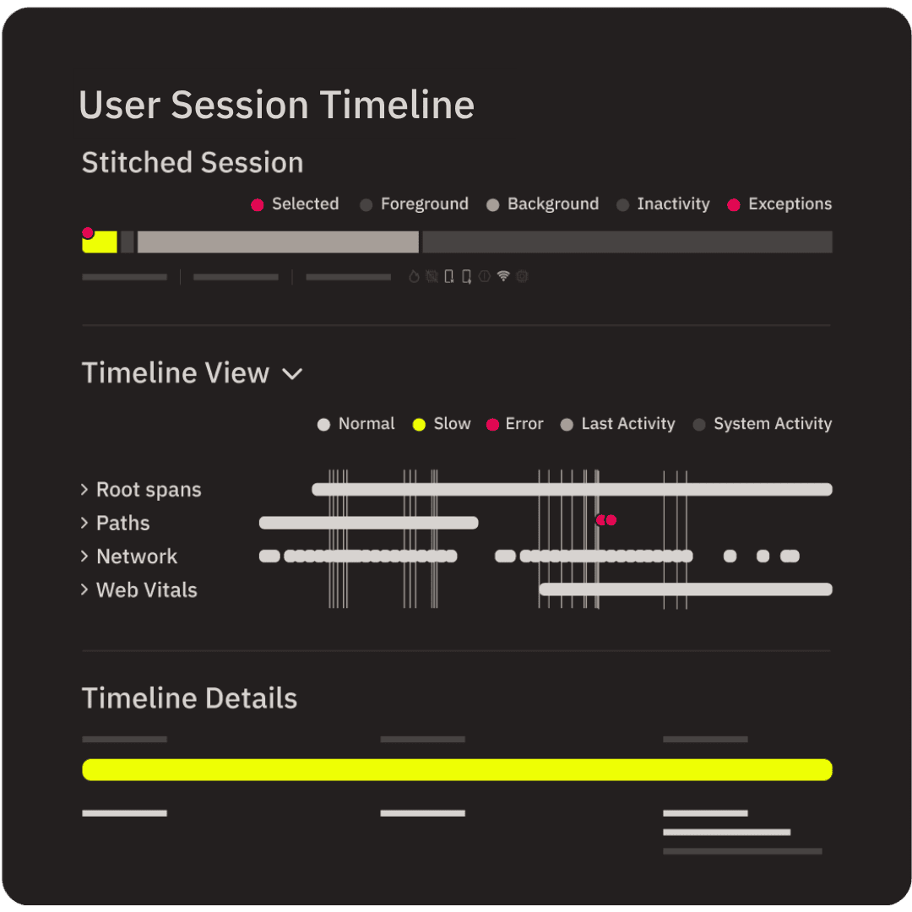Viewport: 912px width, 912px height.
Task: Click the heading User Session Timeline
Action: (x=276, y=106)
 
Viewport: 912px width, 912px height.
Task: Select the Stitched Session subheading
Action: (x=193, y=162)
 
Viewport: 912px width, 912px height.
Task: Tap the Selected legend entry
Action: (x=295, y=204)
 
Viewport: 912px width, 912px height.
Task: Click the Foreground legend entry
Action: (x=414, y=204)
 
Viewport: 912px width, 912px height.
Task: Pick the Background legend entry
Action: (x=543, y=204)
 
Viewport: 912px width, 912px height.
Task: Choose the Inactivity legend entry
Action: (x=663, y=204)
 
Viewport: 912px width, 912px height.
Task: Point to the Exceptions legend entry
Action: (x=779, y=204)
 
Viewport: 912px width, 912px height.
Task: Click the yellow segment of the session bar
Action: (x=100, y=242)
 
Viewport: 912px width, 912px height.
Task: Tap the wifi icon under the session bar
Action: (x=503, y=276)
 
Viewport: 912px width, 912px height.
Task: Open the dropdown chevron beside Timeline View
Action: (x=292, y=373)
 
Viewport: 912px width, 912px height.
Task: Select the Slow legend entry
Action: (x=442, y=424)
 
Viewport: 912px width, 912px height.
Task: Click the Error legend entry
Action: (x=515, y=424)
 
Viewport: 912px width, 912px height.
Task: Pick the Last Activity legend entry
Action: (x=617, y=424)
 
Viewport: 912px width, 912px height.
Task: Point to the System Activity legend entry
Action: (x=763, y=424)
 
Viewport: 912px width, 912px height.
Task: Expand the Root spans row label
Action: (x=141, y=490)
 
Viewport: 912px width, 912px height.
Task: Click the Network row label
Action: (x=129, y=556)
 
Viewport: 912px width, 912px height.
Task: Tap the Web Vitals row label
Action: (x=139, y=590)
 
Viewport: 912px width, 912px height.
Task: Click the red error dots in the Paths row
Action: (x=606, y=520)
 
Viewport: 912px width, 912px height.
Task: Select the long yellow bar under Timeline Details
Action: (x=457, y=769)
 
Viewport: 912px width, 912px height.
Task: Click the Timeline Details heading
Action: (x=190, y=698)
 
